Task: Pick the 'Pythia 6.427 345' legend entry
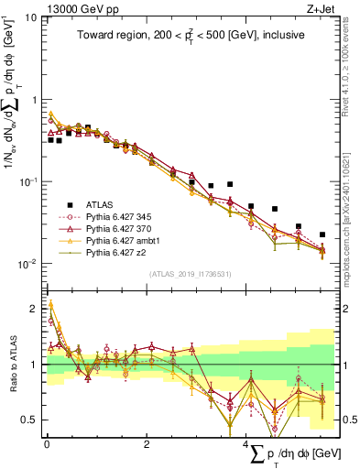[x=122, y=216]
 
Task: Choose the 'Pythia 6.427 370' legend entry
[x=122, y=227]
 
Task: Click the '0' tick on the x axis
[x=47, y=444]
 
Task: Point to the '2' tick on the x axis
[x=147, y=444]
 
